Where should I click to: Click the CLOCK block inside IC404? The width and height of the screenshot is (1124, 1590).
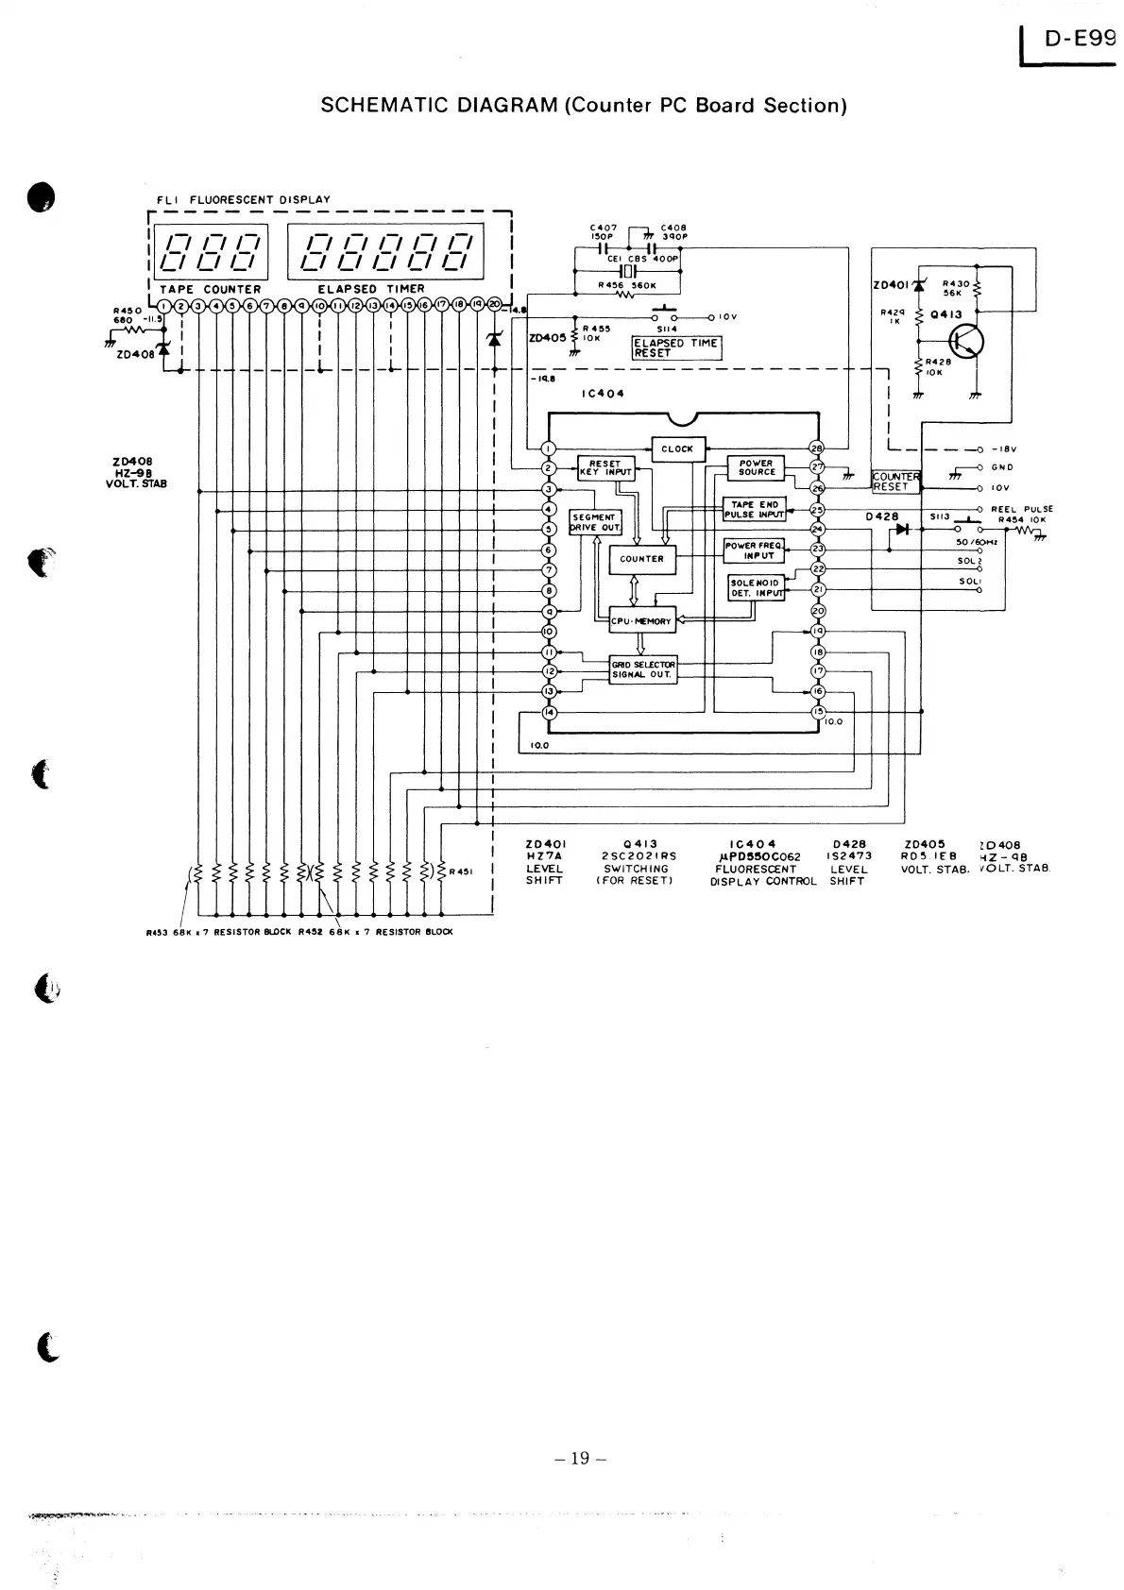tap(678, 449)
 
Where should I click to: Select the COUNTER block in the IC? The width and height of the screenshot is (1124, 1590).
tap(642, 559)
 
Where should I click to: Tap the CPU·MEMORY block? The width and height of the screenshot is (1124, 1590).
tap(641, 621)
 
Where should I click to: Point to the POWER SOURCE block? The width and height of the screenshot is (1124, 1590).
tap(757, 467)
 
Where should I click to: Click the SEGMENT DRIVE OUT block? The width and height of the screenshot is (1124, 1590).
tap(595, 522)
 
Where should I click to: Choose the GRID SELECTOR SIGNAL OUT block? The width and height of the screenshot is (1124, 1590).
tap(643, 669)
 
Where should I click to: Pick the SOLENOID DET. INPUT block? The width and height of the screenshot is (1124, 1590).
tap(756, 588)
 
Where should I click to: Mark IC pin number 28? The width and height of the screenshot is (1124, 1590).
tap(818, 448)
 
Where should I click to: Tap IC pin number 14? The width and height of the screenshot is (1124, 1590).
tap(549, 713)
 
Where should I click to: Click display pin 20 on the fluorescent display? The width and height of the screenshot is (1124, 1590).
tap(494, 305)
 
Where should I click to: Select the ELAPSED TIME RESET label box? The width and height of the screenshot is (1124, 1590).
tap(676, 347)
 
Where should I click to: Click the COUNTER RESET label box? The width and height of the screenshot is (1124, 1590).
tap(894, 482)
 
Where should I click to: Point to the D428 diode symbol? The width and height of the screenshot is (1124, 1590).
tap(901, 529)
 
